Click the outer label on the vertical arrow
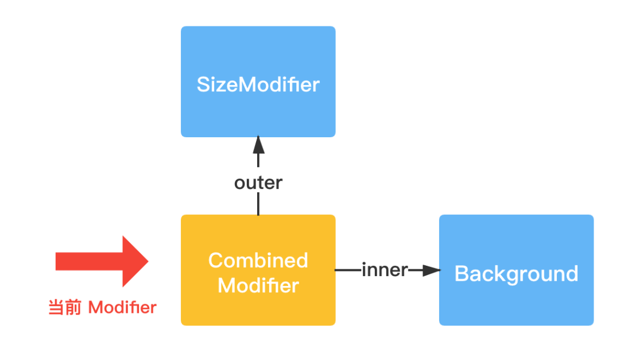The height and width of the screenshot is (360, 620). pos(258,183)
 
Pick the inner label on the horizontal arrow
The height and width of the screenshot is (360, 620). pos(385,269)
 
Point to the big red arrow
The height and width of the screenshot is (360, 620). pos(103,261)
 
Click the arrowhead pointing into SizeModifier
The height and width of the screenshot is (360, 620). pos(258,144)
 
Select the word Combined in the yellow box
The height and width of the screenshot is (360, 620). pos(258,260)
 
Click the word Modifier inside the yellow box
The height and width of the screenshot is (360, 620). pos(258,285)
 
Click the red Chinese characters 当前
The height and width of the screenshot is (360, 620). pos(65,308)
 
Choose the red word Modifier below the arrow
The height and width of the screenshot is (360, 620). pos(122,308)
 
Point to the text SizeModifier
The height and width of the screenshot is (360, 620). pos(258,85)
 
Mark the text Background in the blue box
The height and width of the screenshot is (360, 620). pos(516,273)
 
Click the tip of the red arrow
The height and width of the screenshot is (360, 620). pos(147,261)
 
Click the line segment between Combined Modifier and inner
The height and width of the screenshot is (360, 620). pos(348,269)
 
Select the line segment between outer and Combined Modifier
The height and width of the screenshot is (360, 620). pos(258,203)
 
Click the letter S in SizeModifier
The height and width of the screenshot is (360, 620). pos(203,85)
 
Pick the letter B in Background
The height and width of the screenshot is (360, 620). pos(462,273)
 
